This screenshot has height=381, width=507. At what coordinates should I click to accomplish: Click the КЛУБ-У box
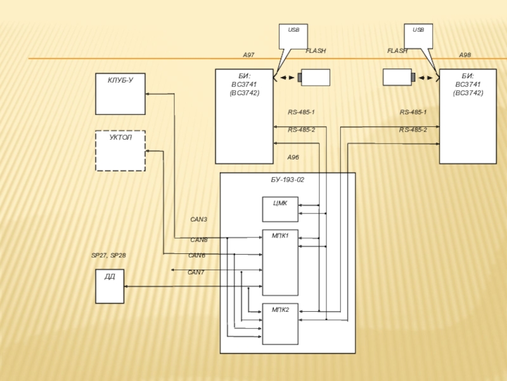[120, 94]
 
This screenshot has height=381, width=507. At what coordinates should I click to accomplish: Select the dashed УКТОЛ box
[120, 150]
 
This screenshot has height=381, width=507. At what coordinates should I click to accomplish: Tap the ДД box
[109, 286]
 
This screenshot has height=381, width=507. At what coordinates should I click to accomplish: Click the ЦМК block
[280, 210]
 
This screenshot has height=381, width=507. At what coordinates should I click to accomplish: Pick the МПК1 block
[280, 262]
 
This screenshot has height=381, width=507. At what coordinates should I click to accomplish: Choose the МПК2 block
[280, 324]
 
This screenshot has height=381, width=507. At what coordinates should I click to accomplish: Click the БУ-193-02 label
[288, 180]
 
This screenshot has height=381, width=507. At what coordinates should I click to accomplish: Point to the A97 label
[248, 56]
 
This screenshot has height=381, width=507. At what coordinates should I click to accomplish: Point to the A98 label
[465, 56]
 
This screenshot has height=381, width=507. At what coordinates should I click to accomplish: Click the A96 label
[293, 157]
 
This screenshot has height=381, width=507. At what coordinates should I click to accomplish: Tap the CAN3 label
[198, 219]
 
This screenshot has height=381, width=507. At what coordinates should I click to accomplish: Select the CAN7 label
[196, 272]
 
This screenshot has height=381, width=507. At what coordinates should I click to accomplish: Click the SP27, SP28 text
[108, 255]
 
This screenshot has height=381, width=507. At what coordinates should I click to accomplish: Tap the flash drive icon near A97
[315, 77]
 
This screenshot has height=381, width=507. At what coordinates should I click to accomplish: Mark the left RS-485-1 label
[301, 112]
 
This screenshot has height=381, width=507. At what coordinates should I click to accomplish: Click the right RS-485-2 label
[413, 130]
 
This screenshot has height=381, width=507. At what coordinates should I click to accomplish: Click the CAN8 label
[199, 240]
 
